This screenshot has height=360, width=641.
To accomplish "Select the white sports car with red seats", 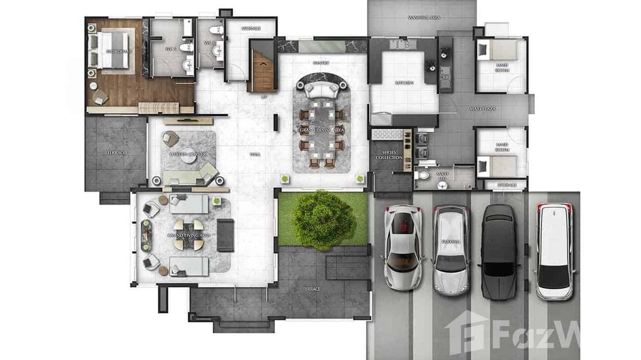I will [x=404, y=247].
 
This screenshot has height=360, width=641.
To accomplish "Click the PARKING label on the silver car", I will [x=450, y=242].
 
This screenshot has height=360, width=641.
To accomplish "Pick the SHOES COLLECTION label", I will [x=388, y=155].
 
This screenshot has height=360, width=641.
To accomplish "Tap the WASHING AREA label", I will [x=424, y=18].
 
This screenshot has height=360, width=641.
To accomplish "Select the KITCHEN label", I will [x=404, y=83].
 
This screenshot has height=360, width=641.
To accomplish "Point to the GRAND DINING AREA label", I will [x=321, y=130].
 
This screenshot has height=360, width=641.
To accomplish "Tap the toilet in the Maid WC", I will [x=422, y=176].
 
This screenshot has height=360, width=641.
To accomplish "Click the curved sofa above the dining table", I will [x=321, y=88].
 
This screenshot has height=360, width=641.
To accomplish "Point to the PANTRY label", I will [x=321, y=63].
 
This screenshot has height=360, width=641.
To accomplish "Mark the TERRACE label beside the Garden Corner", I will [x=116, y=152].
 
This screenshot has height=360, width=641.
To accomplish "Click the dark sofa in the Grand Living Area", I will [x=225, y=235].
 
